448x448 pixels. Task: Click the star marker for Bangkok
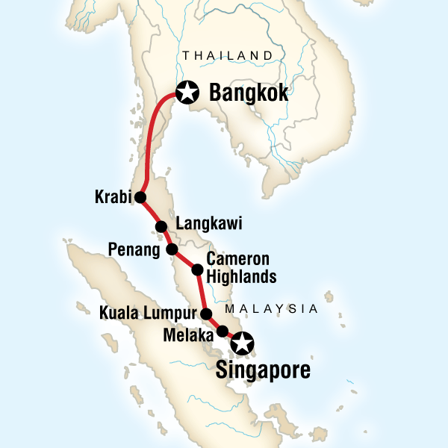[x=187, y=93]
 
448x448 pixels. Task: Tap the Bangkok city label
[x=249, y=94]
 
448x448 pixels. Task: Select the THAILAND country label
[x=228, y=55]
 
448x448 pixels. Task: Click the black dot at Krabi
[x=140, y=198]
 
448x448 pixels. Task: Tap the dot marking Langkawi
[x=160, y=227]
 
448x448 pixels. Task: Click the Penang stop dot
[x=172, y=249]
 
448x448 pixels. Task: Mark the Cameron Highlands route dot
[x=198, y=270]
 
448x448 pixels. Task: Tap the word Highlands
[x=241, y=277]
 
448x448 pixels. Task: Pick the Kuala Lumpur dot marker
[x=207, y=314]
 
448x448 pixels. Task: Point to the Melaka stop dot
[x=222, y=331]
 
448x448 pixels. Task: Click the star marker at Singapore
[x=243, y=344]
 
